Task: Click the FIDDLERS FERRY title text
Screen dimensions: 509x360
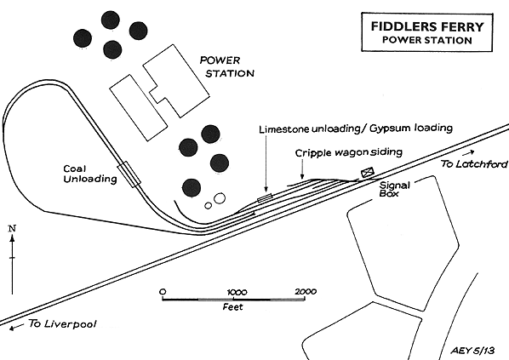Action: (427, 26)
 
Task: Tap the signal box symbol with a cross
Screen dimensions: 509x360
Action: (368, 172)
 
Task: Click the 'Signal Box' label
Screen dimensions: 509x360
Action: (395, 189)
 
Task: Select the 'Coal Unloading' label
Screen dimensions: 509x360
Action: (90, 174)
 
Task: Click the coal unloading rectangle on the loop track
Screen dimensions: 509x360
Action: (129, 174)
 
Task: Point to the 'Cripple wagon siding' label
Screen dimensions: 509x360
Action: (349, 152)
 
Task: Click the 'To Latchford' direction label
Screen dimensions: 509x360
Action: (473, 164)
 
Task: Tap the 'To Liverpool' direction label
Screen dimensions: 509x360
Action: (62, 323)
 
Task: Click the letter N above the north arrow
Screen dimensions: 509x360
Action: (12, 229)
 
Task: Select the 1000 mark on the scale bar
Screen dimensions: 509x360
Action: (237, 292)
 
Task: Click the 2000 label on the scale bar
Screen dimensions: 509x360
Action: (306, 292)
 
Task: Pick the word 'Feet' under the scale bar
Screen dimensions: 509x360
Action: (232, 306)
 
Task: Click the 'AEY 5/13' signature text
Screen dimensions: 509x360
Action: (472, 351)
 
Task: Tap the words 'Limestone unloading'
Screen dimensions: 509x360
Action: (284, 129)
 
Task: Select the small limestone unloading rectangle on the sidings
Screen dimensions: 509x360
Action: (265, 197)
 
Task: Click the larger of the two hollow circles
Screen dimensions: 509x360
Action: (220, 198)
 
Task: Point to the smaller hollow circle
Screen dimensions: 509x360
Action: (208, 205)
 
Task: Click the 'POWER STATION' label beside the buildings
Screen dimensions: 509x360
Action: (226, 67)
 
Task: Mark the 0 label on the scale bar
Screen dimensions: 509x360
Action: (163, 292)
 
